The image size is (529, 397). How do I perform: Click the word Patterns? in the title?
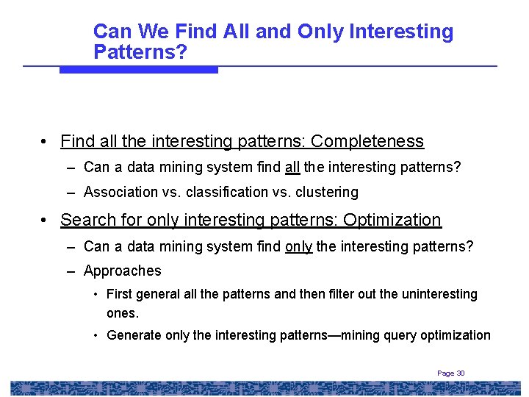coord(140,52)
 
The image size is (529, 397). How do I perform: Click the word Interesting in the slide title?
coord(401,32)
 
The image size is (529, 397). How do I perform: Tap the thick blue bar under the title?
coord(138,70)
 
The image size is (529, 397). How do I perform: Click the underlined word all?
coord(292,168)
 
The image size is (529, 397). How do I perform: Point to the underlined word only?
coord(298,246)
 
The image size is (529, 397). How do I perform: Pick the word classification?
coord(228,193)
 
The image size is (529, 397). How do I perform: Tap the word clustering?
coord(324,193)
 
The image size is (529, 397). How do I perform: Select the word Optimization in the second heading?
coord(392,220)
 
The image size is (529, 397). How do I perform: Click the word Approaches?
coord(122,271)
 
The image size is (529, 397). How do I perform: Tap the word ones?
coord(122,313)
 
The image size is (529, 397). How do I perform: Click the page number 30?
coord(461,373)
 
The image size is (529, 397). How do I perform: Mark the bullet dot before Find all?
coord(46,141)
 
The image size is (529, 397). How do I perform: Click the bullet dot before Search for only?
coord(46,220)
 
